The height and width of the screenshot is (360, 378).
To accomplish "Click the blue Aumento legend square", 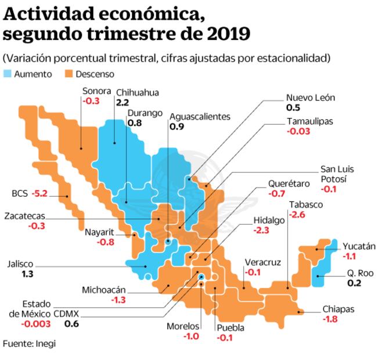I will tap(8, 74).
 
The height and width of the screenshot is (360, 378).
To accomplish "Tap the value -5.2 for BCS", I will tap(40, 193).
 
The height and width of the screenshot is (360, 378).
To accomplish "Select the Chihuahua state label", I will tap(137, 92).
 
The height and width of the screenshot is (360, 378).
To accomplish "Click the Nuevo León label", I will tap(311, 98).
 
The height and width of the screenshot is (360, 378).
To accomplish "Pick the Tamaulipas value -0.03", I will tap(298, 131).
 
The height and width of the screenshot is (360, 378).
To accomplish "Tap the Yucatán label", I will tap(359, 246).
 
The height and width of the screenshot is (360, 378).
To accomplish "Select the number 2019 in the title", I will tap(228, 34).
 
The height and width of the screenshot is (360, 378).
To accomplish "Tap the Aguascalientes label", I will tap(200, 116).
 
